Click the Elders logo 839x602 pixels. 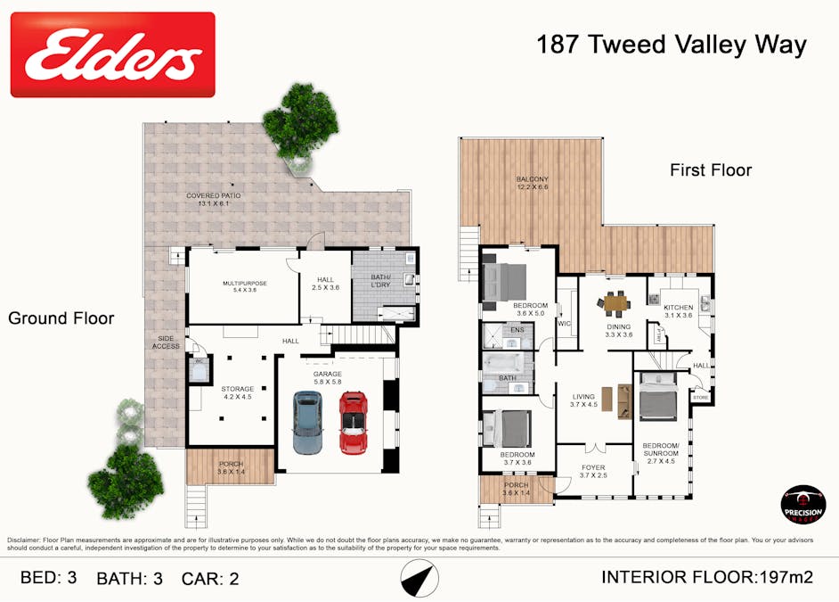112,54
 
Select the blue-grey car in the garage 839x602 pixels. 307,425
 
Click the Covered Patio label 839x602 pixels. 214,199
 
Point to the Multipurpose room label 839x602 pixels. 244,286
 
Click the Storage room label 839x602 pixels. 237,393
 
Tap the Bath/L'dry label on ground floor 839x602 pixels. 380,281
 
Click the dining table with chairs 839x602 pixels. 615,303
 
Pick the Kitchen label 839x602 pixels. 678,309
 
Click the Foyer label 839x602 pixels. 592,471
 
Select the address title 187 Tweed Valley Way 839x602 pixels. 671,45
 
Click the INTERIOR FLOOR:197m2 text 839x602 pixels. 707,577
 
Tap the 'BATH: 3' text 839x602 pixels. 129,578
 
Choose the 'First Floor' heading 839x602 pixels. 711,170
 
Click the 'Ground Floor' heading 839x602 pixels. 61,317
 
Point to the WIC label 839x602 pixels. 564,324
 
